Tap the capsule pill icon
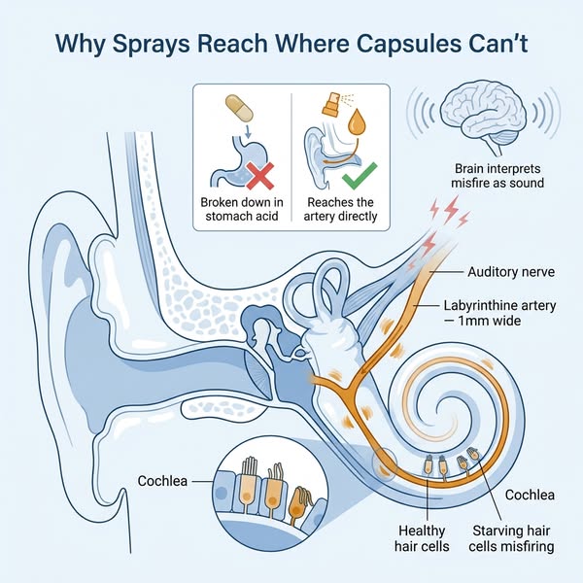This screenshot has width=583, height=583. (x=239, y=108)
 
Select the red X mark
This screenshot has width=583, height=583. (x=260, y=176)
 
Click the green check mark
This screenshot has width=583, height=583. (x=360, y=176)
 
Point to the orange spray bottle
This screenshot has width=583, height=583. (x=331, y=105)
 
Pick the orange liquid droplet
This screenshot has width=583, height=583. (x=357, y=121)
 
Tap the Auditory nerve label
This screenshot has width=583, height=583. (x=511, y=272)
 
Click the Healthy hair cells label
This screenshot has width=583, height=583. (x=422, y=538)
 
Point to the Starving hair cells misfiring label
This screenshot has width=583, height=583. (x=511, y=538)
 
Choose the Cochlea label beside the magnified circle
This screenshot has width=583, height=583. (x=162, y=481)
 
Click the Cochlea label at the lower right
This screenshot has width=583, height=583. (x=530, y=495)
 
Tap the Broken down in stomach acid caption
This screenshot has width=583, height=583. (x=242, y=209)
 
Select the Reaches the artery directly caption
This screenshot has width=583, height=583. (x=340, y=209)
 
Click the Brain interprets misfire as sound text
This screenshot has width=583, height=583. (x=497, y=176)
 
